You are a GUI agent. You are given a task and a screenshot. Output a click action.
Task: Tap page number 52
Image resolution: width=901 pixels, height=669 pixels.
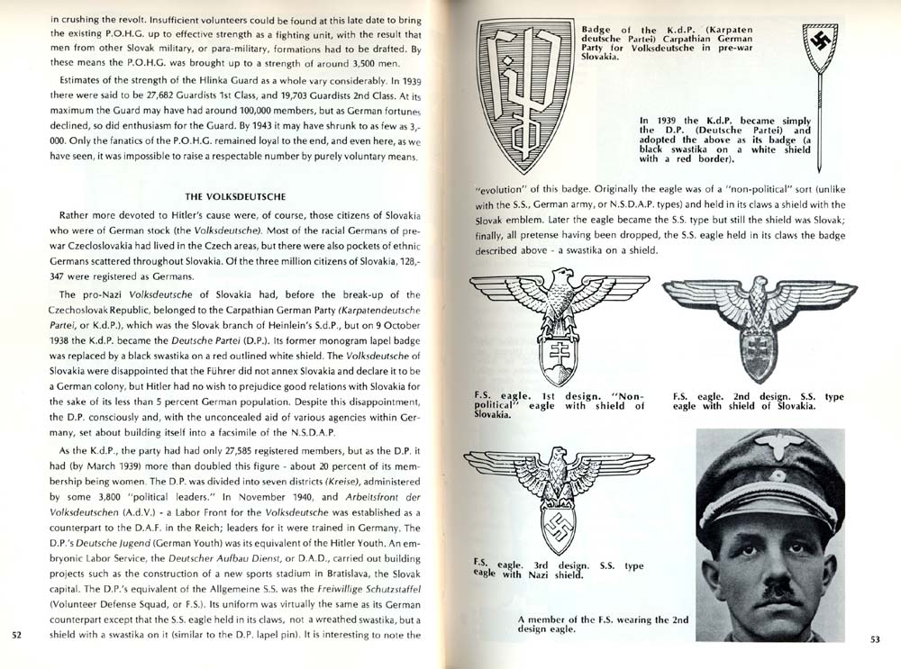pos(16,635)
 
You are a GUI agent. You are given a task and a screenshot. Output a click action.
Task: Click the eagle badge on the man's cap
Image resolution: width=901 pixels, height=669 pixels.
pos(780,448)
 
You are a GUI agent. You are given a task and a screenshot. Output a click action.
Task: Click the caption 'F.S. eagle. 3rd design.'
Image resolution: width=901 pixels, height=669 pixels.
pos(560,569)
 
